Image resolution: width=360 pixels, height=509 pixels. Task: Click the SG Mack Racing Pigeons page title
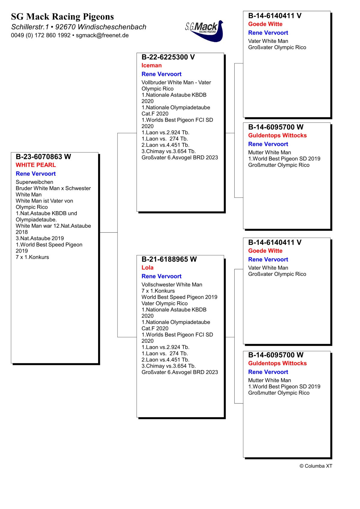[x=62, y=17]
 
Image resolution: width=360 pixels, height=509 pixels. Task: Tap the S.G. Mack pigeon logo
[x=205, y=31]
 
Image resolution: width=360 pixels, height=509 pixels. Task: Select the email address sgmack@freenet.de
[x=102, y=35]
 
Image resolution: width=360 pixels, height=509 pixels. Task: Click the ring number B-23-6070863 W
[x=43, y=157]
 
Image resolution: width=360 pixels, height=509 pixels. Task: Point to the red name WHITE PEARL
[x=36, y=165]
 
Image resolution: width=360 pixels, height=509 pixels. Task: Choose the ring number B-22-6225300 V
[x=168, y=57]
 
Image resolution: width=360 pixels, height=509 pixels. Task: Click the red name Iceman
[x=151, y=65]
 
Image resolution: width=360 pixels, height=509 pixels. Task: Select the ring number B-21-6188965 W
[x=169, y=259]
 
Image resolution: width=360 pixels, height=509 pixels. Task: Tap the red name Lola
[x=147, y=268]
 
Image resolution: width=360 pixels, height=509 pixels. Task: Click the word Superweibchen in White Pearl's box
[x=34, y=182]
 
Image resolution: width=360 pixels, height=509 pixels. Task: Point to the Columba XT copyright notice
[x=316, y=466]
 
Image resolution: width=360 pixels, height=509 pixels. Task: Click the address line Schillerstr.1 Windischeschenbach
[x=79, y=27]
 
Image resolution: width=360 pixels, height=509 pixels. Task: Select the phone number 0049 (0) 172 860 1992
[x=41, y=35]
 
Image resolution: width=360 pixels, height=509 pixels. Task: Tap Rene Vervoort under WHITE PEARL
[x=36, y=174]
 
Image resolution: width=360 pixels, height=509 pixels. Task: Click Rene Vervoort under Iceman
[x=161, y=74]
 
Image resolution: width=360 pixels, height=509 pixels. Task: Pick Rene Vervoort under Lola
[x=161, y=276]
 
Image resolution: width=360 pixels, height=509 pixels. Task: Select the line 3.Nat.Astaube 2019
[x=40, y=238]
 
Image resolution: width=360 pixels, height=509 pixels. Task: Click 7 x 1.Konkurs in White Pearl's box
[x=32, y=257]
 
